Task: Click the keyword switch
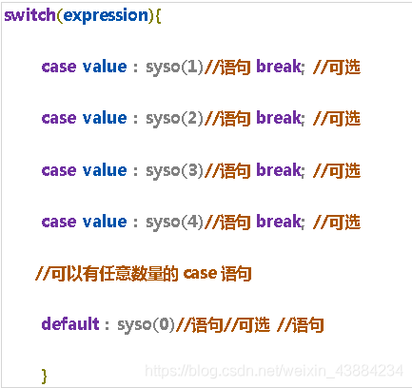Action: (x=30, y=15)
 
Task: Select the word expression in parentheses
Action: (x=106, y=16)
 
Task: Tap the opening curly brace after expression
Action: (x=158, y=16)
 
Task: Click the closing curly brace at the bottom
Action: (x=45, y=376)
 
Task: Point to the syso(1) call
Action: (x=174, y=68)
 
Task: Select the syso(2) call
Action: (x=174, y=119)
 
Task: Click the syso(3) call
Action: (x=174, y=170)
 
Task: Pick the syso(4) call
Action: (x=174, y=222)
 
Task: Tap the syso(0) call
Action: (x=147, y=324)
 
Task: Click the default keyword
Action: (x=70, y=323)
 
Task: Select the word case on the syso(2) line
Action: (x=59, y=118)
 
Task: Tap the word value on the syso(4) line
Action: (x=105, y=221)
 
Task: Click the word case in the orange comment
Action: (x=200, y=273)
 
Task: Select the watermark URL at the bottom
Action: (x=274, y=370)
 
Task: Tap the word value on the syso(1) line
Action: (x=105, y=67)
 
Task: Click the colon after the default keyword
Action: (x=108, y=325)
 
